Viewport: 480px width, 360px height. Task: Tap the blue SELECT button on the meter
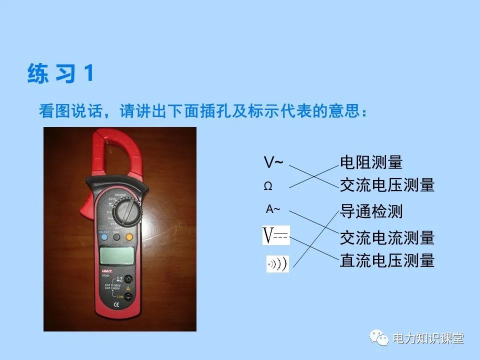(103, 237)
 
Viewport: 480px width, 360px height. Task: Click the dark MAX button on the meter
(116, 238)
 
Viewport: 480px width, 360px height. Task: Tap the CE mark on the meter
(116, 303)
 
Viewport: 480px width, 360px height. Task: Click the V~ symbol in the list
(273, 162)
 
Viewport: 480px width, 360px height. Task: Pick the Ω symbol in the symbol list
(268, 186)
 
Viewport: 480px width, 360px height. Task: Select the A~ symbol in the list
(273, 209)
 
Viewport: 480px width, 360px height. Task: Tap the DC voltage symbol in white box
(276, 235)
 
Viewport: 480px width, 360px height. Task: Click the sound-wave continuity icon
(277, 263)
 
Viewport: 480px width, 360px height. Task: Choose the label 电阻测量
(371, 162)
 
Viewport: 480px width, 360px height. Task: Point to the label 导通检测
(371, 211)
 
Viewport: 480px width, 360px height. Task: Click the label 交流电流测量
(387, 237)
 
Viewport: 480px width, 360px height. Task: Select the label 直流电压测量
(387, 260)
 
